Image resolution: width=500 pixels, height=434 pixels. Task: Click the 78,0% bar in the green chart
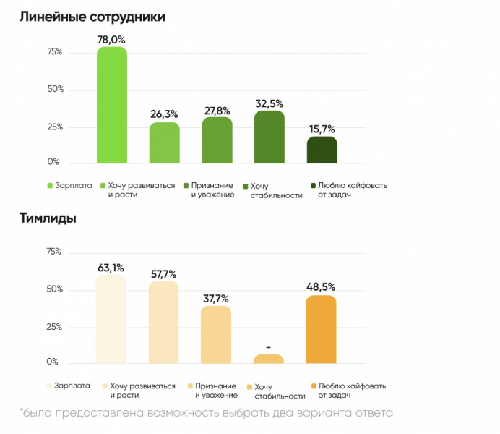click(x=112, y=105)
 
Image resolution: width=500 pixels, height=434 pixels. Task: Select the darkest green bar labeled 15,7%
click(x=322, y=150)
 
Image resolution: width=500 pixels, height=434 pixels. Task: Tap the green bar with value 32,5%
click(x=270, y=137)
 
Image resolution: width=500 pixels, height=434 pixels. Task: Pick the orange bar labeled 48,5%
click(x=322, y=329)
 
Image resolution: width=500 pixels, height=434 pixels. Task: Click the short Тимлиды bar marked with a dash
click(x=269, y=359)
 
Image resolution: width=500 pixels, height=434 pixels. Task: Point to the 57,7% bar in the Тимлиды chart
click(x=164, y=322)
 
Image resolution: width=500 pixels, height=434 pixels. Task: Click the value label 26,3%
click(x=165, y=114)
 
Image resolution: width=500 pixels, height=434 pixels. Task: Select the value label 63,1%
click(x=112, y=268)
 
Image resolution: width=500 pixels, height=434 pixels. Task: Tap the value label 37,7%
click(x=216, y=298)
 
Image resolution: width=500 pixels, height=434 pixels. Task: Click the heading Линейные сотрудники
click(x=92, y=17)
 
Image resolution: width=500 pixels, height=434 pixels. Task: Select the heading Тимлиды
click(x=48, y=218)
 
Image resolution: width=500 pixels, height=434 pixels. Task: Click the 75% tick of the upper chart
click(x=55, y=52)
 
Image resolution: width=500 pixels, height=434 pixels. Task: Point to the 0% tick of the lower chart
click(x=53, y=362)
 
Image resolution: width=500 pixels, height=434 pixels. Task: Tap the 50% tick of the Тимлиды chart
click(x=55, y=289)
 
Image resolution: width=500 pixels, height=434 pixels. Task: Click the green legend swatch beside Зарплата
click(x=50, y=185)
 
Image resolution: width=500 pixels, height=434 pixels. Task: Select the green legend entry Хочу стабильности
click(x=275, y=190)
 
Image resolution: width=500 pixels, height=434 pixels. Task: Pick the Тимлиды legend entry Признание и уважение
click(x=215, y=390)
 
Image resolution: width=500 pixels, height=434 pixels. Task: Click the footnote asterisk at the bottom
click(x=22, y=412)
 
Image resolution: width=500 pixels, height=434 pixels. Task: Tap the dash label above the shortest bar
click(x=269, y=346)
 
